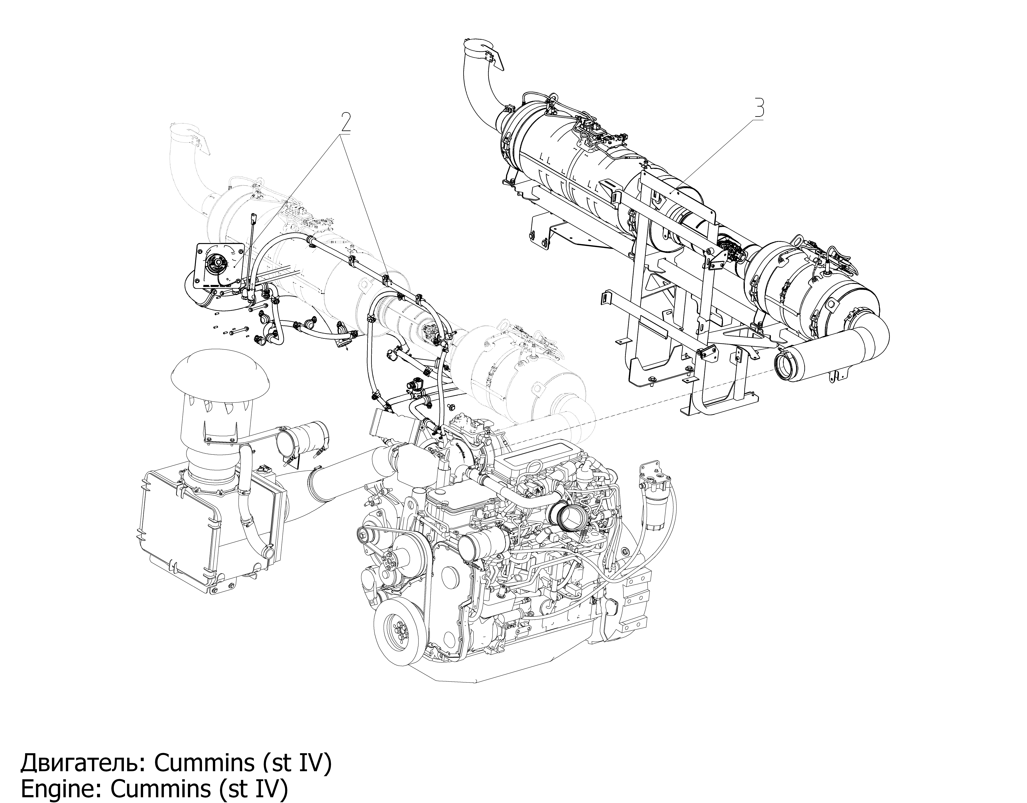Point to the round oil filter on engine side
[473, 548]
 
